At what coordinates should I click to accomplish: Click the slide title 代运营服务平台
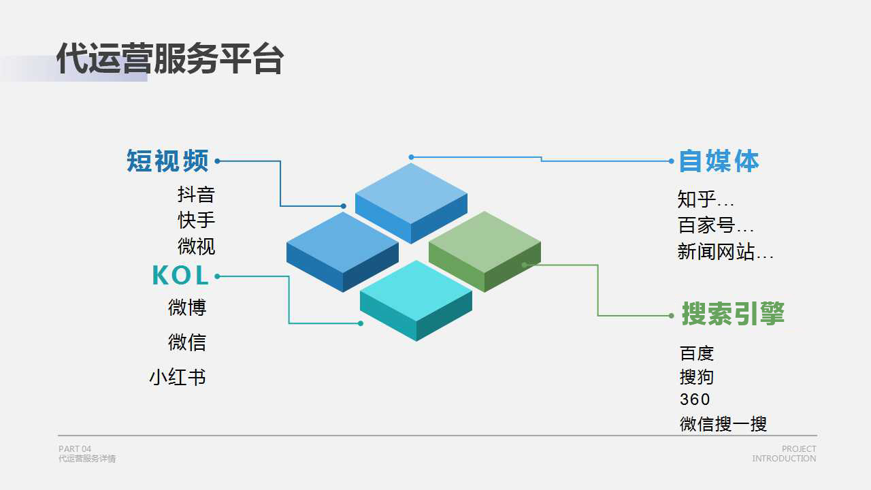[x=170, y=59]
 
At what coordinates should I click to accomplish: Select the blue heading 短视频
[x=167, y=161]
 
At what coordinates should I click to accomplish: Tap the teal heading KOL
[x=180, y=276]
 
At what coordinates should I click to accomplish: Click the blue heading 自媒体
[x=719, y=161]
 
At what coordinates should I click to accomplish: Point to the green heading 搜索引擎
[x=733, y=314]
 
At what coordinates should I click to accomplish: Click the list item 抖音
[x=196, y=195]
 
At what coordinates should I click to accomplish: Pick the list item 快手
[x=196, y=220]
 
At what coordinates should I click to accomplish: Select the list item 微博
[x=186, y=308]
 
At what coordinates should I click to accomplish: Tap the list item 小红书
[x=178, y=377]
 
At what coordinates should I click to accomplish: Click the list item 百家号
[x=706, y=225]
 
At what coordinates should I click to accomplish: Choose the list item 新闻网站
[x=716, y=252]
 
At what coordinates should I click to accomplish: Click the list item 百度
[x=696, y=353]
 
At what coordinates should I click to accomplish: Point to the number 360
[x=695, y=399]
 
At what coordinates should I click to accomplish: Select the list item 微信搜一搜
[x=723, y=424]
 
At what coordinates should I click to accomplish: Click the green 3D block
[x=484, y=252]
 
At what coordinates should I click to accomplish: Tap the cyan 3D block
[x=416, y=301]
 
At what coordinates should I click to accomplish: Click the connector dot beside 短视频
[x=217, y=161]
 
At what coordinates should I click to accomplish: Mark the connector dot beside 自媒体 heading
[x=671, y=161]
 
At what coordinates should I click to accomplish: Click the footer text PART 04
[x=75, y=448]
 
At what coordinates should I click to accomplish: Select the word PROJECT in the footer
[x=799, y=448]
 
